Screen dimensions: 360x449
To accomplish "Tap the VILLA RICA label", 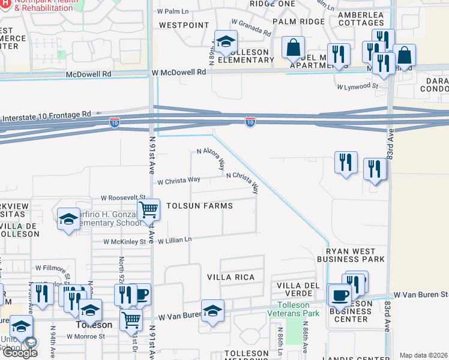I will (231, 277).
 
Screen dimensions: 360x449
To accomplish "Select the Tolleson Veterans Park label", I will (294, 309).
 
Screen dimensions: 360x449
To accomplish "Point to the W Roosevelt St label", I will (123, 197).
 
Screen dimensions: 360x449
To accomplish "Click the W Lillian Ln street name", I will (175, 240).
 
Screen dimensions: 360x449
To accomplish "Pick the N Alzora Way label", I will (211, 159).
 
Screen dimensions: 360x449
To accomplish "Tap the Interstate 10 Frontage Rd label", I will (47, 113).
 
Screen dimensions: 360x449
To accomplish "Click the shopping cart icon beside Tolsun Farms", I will (148, 210).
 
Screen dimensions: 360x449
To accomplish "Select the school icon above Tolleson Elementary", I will (226, 41).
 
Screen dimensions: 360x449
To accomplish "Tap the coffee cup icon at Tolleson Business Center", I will (340, 295).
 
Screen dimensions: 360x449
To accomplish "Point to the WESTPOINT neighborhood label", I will (184, 26).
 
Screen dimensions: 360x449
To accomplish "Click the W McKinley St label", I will (125, 242).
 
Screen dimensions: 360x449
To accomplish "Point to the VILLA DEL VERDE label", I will (294, 289).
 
